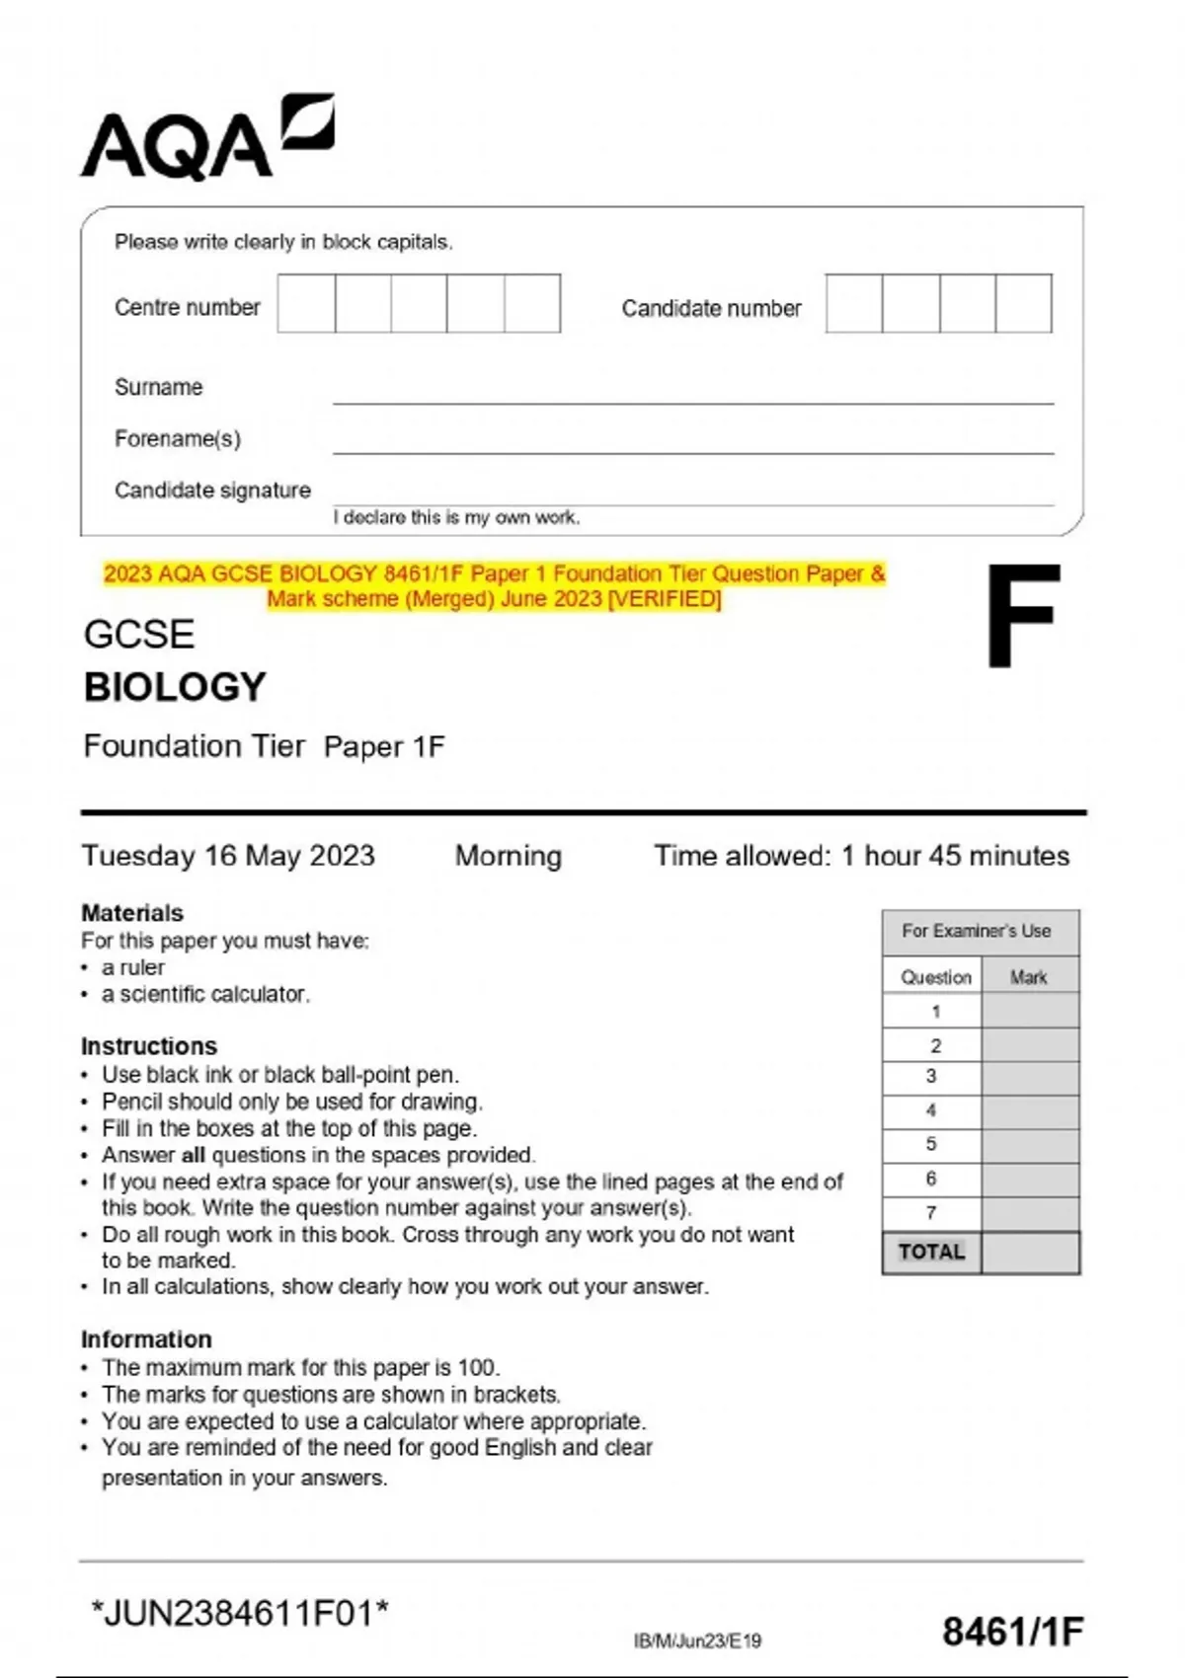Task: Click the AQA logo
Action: (206, 138)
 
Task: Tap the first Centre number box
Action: (306, 303)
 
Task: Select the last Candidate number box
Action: (1023, 303)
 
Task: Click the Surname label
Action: (158, 387)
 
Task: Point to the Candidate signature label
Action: (212, 490)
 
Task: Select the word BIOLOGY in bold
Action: (175, 687)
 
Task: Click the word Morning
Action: (508, 856)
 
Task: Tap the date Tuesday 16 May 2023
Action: (228, 856)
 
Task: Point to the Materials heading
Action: (132, 913)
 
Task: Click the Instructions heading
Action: (149, 1046)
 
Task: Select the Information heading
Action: (146, 1339)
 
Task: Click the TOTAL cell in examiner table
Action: (931, 1253)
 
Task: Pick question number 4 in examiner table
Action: (931, 1110)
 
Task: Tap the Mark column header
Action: (1028, 977)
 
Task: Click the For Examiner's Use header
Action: (976, 931)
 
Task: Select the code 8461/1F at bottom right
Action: (1012, 1632)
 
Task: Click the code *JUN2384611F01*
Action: (240, 1614)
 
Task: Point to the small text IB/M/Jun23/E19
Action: (697, 1640)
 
